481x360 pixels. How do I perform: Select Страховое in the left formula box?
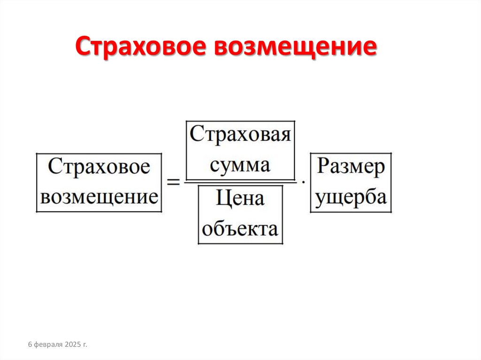(99, 168)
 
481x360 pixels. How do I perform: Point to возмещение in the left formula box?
(99, 196)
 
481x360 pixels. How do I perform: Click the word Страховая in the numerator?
(240, 135)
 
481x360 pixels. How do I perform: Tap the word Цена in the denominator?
(240, 199)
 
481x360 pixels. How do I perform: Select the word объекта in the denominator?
(240, 229)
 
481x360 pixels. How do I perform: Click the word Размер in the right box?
(350, 168)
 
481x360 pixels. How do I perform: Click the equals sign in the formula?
(174, 182)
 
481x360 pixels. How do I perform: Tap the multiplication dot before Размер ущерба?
(303, 181)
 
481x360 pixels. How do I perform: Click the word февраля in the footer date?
(49, 345)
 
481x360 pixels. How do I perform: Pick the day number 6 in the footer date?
(30, 345)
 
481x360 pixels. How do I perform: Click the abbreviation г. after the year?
(85, 345)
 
